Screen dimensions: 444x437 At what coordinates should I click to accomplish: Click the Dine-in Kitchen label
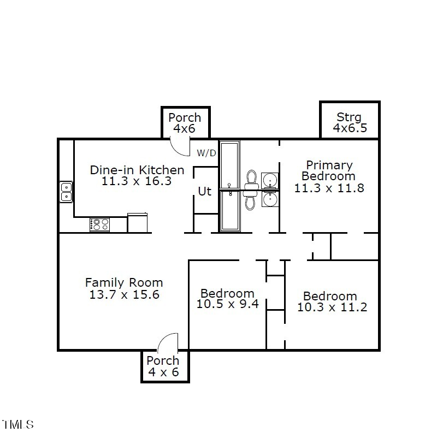tap(137, 170)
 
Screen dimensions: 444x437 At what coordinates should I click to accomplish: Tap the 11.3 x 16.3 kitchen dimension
tap(137, 181)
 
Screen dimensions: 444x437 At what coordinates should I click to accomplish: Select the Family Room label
tap(124, 282)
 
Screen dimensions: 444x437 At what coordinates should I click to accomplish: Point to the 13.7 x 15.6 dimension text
tap(124, 294)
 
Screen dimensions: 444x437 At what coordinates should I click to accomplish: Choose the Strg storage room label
tap(349, 117)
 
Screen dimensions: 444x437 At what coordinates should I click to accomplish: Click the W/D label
tap(206, 153)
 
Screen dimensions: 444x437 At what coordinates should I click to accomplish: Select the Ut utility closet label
tap(204, 192)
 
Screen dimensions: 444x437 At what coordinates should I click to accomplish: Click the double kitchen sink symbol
tap(66, 192)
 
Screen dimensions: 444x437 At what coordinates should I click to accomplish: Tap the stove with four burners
tap(99, 224)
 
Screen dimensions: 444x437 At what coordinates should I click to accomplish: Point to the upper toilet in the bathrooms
tap(251, 179)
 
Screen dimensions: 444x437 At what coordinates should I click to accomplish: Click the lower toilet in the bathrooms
tap(251, 200)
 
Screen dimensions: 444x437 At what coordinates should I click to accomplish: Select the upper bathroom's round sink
tap(270, 180)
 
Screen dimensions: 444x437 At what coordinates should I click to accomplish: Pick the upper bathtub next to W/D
tap(229, 164)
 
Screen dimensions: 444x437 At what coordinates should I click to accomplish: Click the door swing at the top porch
tap(179, 146)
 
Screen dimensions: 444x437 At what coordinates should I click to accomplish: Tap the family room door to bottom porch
tap(168, 342)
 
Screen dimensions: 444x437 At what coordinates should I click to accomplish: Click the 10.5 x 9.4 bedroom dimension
tap(227, 304)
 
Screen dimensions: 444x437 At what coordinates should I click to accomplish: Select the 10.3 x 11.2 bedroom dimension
tap(332, 307)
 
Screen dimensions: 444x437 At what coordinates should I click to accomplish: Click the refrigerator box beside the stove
tap(138, 223)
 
